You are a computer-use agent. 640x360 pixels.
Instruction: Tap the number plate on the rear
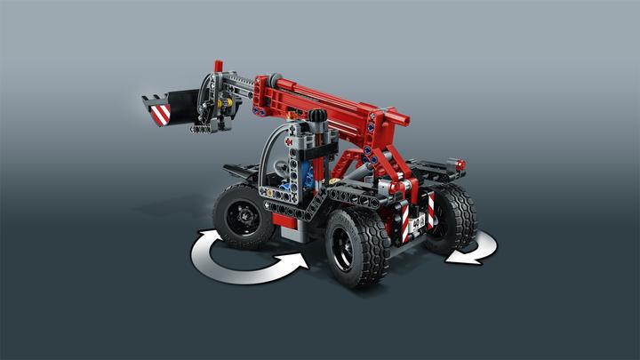coord(417,222)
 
